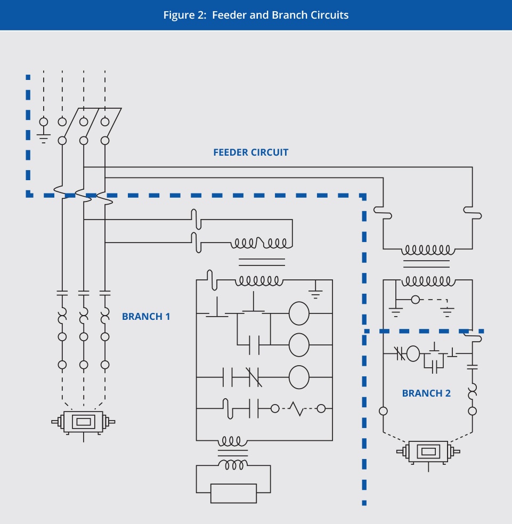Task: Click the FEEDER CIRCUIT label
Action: (x=250, y=152)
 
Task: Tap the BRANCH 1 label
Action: (x=146, y=316)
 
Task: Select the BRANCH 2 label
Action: (x=426, y=393)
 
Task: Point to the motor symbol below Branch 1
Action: (x=83, y=422)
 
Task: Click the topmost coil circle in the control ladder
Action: (x=299, y=314)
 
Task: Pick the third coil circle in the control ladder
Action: (x=299, y=377)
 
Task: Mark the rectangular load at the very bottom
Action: (x=233, y=493)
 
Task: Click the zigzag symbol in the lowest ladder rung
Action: (x=297, y=409)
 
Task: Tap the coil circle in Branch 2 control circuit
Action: (x=413, y=353)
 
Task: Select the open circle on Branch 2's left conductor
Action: (x=383, y=411)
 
